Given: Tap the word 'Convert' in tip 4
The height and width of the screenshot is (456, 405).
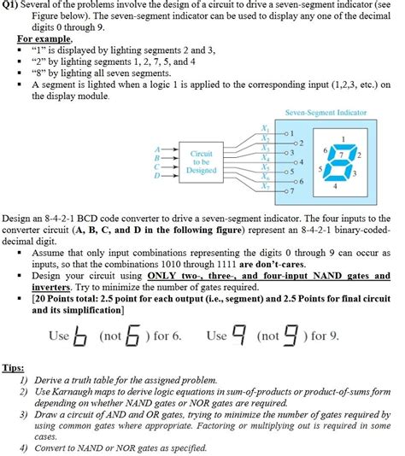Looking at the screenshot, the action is (x=55, y=448).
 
